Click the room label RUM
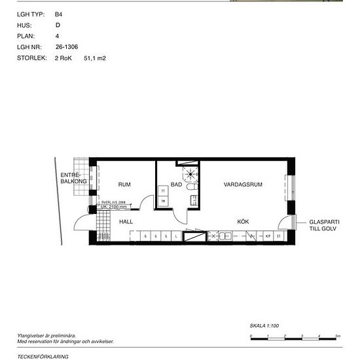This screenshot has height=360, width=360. click(x=124, y=185)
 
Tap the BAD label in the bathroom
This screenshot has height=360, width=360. click(x=176, y=185)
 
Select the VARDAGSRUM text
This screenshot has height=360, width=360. click(x=243, y=185)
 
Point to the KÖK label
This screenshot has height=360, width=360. click(x=243, y=222)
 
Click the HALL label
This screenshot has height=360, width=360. click(x=126, y=222)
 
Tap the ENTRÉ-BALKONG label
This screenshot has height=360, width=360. click(x=70, y=179)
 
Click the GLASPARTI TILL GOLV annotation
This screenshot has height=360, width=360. click(x=325, y=226)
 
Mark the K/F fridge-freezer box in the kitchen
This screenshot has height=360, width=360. click(x=268, y=236)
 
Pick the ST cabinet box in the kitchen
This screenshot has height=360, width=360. click(x=279, y=236)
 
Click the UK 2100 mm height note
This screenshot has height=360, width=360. click(x=113, y=206)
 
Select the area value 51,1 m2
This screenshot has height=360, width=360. click(x=95, y=58)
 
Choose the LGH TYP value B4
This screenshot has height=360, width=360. click(x=58, y=13)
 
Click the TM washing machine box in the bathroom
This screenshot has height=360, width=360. click(x=163, y=201)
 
